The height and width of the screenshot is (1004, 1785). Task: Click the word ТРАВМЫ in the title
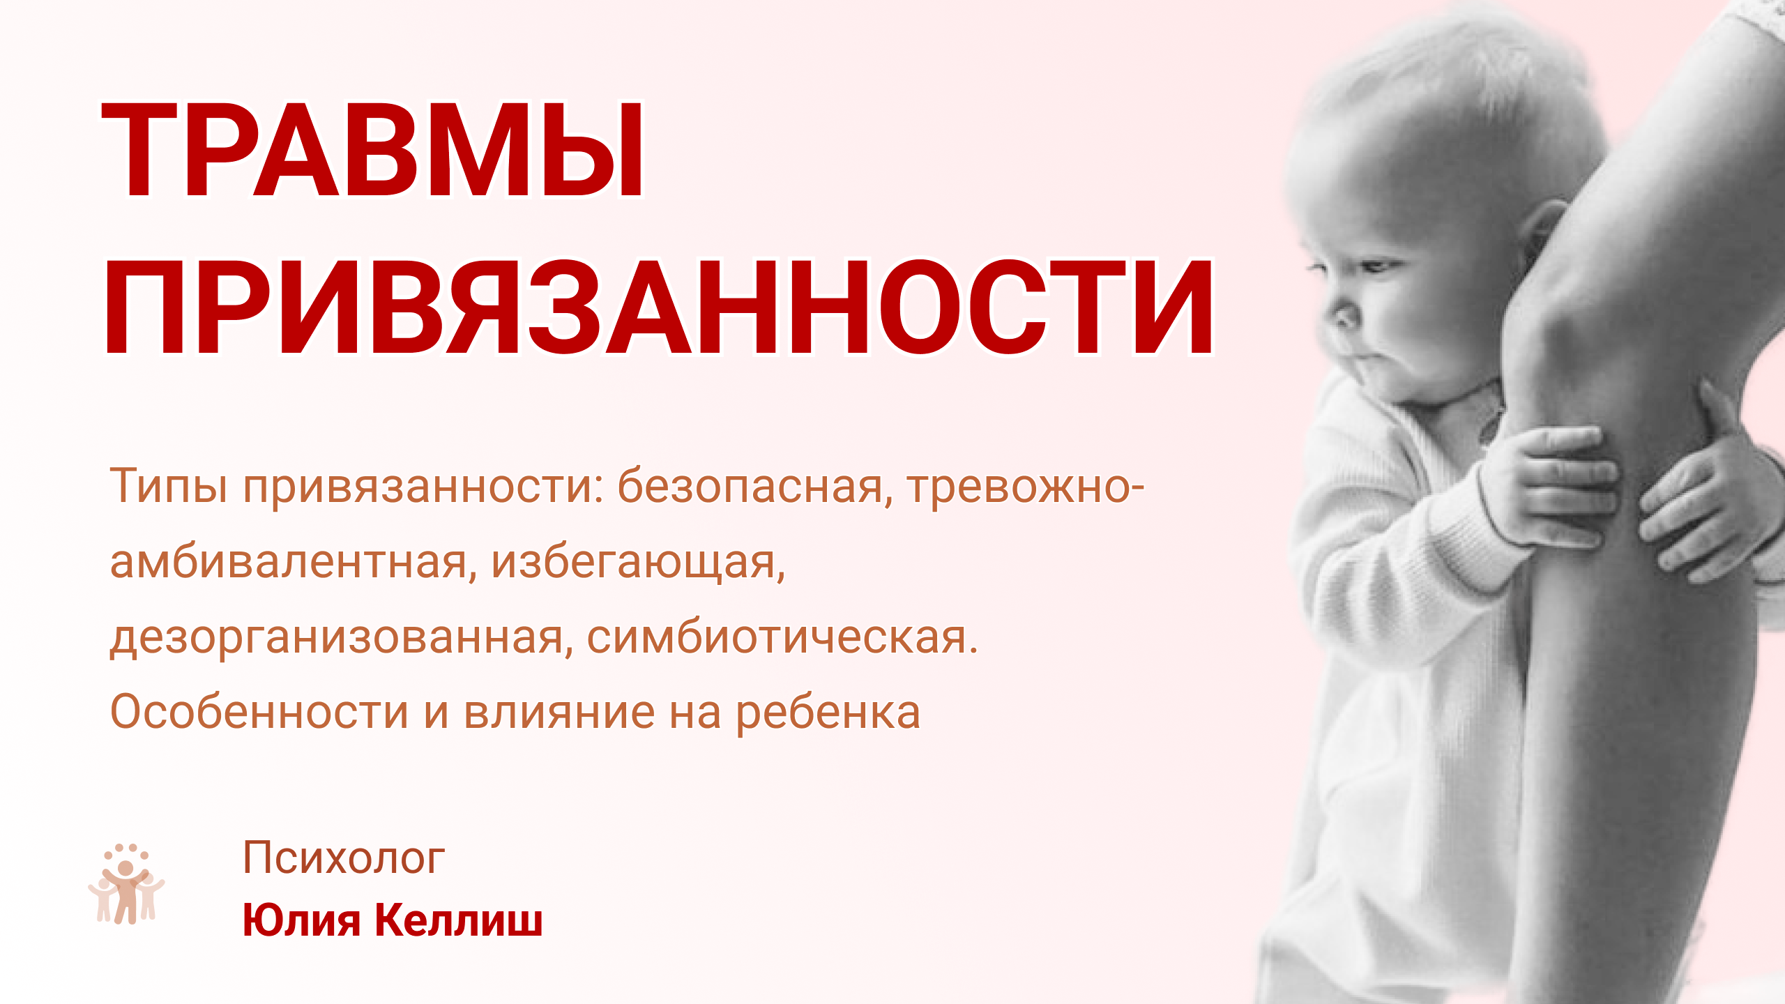coord(373,151)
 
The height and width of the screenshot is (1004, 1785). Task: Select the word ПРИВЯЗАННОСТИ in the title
coord(659,307)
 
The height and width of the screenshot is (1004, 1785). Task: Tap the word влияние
coord(559,713)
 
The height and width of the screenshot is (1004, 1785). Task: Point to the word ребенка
coord(828,713)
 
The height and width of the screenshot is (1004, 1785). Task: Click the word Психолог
coord(343,858)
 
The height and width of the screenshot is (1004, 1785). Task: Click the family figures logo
coord(126,884)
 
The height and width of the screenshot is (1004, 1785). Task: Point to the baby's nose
coord(1342,314)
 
